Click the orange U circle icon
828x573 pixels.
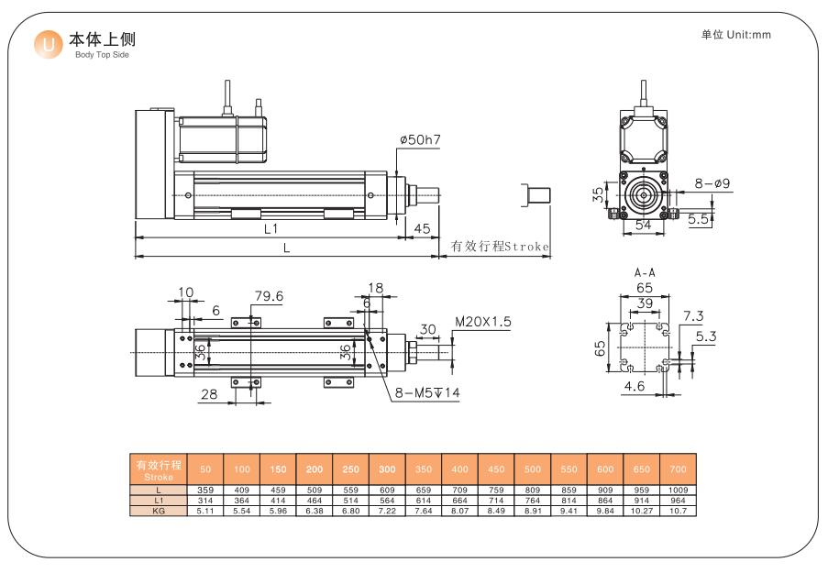48,44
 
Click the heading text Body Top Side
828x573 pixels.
102,54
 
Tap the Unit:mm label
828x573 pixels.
749,35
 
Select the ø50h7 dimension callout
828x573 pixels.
420,140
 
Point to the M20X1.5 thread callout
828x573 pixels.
483,322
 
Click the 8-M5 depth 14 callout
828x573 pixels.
427,392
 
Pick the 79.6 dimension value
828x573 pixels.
269,296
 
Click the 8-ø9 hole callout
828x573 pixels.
712,183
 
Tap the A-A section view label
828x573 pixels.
645,272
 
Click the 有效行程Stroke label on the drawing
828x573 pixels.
500,246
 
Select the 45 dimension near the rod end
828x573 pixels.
422,228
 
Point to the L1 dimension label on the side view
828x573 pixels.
270,228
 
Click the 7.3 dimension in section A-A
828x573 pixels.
693,315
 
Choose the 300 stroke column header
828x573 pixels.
387,469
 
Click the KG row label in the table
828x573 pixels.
159,511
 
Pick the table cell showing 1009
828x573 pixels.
678,490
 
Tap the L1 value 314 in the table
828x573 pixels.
205,501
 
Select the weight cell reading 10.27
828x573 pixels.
642,511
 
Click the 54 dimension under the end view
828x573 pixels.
643,225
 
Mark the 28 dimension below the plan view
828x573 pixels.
209,394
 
